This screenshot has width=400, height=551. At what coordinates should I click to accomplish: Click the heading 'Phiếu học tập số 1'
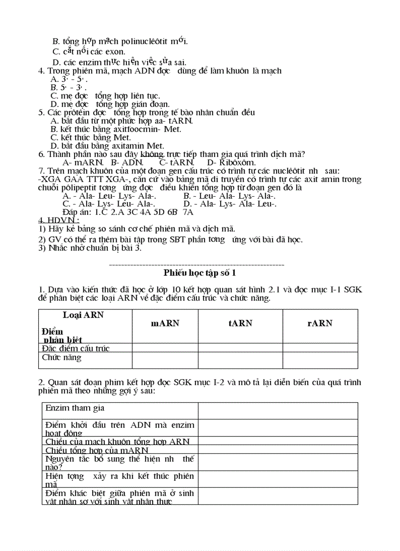[x=200, y=273]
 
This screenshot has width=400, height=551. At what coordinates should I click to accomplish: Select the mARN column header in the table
[x=165, y=323]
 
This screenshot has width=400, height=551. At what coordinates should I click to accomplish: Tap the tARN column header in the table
[x=240, y=323]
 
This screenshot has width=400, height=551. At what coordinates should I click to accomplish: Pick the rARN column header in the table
[x=320, y=323]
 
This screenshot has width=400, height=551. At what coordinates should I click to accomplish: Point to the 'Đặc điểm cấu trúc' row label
[x=75, y=348]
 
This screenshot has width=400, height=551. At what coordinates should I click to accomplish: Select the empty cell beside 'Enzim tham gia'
[x=277, y=411]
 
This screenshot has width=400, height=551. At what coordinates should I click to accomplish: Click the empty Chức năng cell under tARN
[x=240, y=360]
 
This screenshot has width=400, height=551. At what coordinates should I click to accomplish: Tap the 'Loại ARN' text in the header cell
[x=83, y=315]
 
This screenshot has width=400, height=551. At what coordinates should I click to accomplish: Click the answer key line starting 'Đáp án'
[x=128, y=212]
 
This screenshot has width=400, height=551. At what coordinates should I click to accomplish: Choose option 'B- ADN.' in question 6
[x=127, y=162]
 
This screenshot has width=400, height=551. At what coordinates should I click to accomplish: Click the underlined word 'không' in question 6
[x=151, y=154]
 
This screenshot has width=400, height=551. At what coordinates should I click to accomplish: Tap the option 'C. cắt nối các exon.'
[x=89, y=51]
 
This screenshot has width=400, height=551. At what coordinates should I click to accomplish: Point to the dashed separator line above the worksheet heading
[x=196, y=265]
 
